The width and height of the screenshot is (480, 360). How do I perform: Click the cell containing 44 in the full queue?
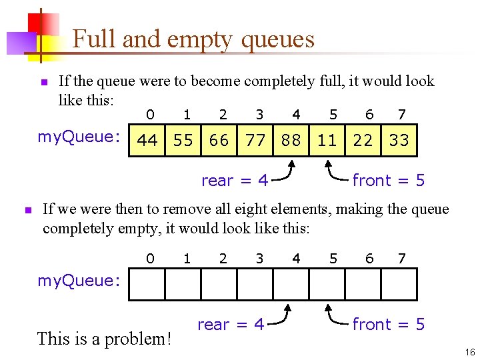coord(147,141)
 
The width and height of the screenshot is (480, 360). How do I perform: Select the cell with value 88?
coord(291,141)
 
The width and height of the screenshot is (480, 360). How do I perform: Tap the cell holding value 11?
coord(327,141)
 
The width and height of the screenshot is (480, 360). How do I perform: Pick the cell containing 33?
coord(399,141)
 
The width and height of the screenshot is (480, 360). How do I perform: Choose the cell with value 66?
coord(219,141)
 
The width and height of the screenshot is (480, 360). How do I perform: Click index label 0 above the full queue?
coord(151,115)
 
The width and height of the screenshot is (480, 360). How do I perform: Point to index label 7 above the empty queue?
coord(401,259)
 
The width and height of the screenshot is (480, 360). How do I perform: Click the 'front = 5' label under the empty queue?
coord(388,325)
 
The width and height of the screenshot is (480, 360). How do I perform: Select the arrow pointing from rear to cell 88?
coord(285,171)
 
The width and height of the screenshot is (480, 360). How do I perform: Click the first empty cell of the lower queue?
coord(147,285)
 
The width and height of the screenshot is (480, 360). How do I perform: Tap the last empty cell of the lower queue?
coord(399,285)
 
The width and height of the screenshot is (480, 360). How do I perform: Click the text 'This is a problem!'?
coord(105,339)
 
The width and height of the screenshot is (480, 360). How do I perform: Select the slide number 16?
coord(470,352)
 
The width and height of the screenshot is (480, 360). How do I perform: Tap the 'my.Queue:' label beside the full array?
coord(79,137)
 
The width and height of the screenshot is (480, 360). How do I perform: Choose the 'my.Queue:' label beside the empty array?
coord(79,281)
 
